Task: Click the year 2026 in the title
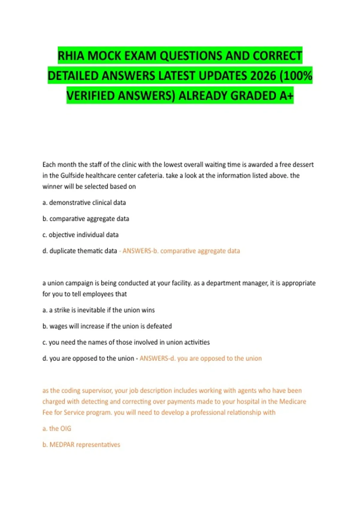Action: tap(263, 76)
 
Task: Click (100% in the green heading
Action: tap(296, 76)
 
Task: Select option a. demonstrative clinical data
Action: tap(84, 202)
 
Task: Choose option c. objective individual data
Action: tap(81, 235)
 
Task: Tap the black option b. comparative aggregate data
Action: tap(86, 219)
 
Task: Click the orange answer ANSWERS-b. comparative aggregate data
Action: tap(181, 251)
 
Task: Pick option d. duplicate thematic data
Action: tap(80, 251)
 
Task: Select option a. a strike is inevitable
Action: tap(99, 310)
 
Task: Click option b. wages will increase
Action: tap(107, 326)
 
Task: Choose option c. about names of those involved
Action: tap(126, 342)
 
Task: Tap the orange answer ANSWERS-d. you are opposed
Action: tap(200, 358)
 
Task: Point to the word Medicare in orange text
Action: tap(292, 401)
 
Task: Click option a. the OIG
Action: tap(57, 428)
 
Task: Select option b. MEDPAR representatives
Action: tap(81, 445)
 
